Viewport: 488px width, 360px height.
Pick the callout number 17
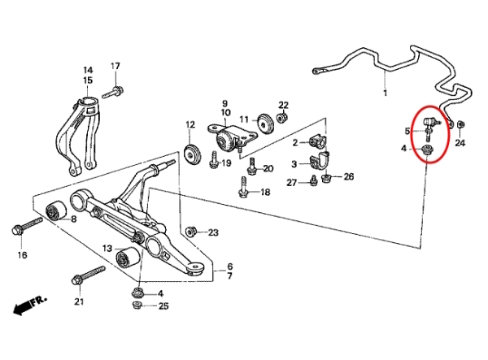click(115, 66)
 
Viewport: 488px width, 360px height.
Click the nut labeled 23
click(192, 232)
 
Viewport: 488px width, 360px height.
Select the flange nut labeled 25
click(137, 306)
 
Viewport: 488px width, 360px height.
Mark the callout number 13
click(107, 248)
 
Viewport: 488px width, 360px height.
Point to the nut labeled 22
click(281, 119)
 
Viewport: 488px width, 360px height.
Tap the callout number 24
click(460, 143)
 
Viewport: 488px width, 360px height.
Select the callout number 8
click(73, 219)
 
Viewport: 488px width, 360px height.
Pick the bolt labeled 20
click(253, 168)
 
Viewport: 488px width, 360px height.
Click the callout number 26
click(349, 176)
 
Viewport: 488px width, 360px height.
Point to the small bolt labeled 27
click(313, 180)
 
